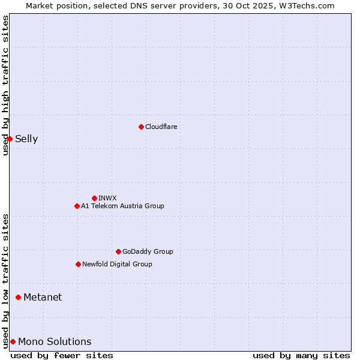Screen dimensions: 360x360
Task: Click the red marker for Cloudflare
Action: (141, 127)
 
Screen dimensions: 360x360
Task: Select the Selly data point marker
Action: (10, 139)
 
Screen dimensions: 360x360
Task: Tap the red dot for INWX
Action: (94, 198)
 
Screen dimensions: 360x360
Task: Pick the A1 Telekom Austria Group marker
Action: (77, 206)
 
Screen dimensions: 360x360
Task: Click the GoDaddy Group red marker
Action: (118, 251)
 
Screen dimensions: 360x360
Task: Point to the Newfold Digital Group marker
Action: (78, 264)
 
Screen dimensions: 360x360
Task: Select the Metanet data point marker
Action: (18, 297)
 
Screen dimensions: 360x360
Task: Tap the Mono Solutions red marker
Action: (13, 341)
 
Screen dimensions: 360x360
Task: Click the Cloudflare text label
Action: (161, 127)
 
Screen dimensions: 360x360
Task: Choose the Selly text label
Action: (26, 139)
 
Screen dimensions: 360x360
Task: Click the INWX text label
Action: (107, 198)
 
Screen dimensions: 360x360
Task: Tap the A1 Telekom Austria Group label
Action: (122, 206)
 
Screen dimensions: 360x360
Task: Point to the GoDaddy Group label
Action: (148, 251)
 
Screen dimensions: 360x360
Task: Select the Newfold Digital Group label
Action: (117, 264)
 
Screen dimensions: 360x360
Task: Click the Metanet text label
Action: (43, 298)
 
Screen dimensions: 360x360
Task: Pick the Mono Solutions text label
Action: (55, 342)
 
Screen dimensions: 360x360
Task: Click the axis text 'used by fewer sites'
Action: (62, 355)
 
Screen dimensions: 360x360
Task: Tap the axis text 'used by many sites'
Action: (301, 355)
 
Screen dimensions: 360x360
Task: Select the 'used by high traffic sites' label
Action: (5, 85)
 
